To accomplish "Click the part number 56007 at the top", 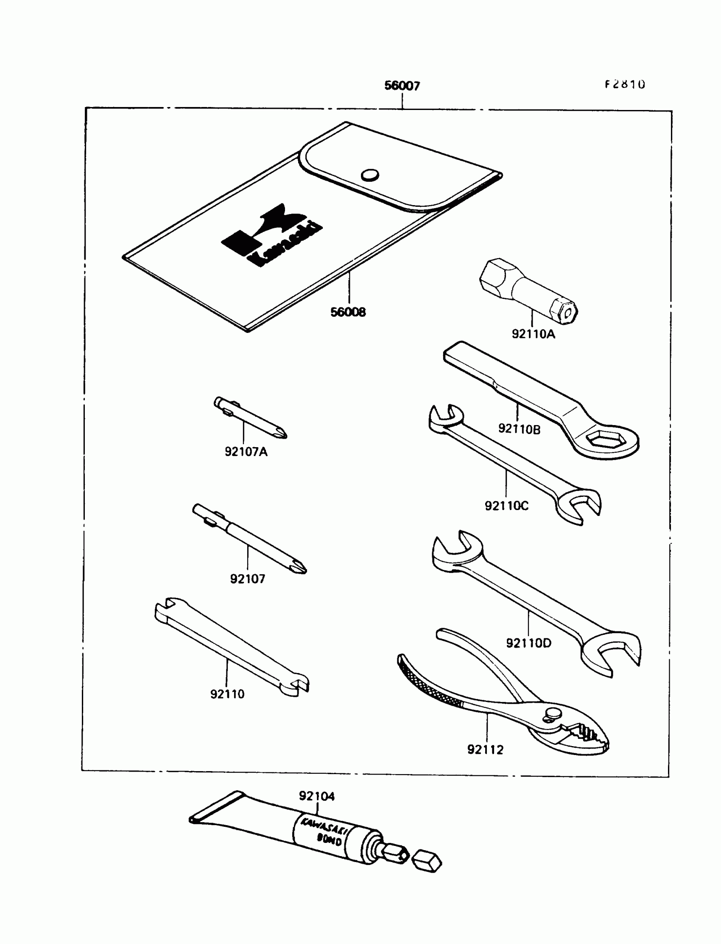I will click(x=402, y=86).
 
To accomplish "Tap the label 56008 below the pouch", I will click(x=348, y=312).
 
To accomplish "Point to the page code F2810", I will click(x=625, y=84).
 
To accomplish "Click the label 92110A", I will click(x=533, y=334).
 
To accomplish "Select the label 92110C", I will click(x=506, y=506).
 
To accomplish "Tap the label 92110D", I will click(x=528, y=643).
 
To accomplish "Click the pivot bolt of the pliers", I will click(x=552, y=713).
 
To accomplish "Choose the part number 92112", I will click(x=485, y=750).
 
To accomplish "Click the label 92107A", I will click(x=246, y=451).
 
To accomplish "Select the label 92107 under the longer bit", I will click(x=248, y=579).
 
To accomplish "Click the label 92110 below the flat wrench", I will click(x=227, y=694).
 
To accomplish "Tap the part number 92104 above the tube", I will click(x=317, y=796).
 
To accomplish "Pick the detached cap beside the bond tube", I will click(x=427, y=861).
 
